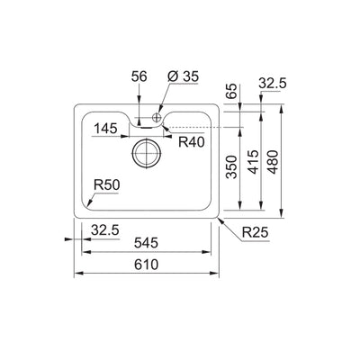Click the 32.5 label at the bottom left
(x=104, y=230)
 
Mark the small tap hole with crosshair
(x=157, y=118)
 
